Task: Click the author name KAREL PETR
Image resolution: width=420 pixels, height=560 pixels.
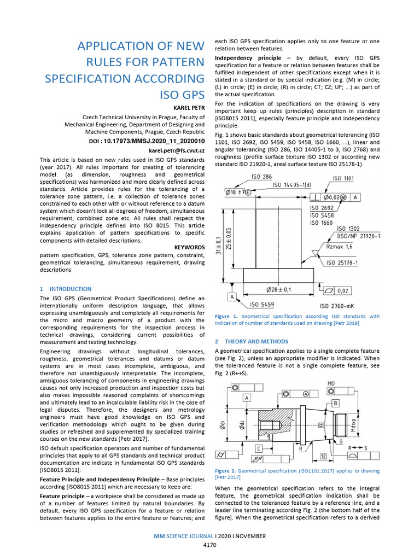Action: tap(189, 108)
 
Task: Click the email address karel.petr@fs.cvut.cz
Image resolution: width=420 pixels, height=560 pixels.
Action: tap(177, 150)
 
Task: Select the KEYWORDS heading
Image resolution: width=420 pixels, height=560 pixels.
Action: tap(189, 247)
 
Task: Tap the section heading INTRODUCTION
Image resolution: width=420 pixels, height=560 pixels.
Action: tap(71, 289)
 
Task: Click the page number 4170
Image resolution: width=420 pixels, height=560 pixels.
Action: tap(210, 545)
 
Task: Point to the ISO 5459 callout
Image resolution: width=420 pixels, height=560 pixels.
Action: tap(262, 304)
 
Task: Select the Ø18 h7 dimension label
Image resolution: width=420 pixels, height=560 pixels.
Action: tap(238, 192)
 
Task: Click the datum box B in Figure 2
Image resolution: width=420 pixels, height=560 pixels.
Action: tap(335, 403)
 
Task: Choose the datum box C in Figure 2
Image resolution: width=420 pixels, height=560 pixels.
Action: tap(258, 448)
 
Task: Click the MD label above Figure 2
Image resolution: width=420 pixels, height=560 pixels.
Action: tap(331, 383)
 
